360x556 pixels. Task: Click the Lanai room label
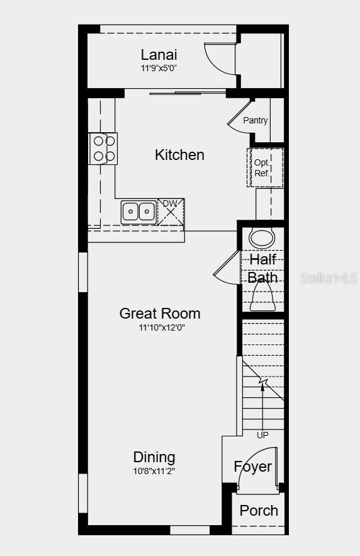point(159,55)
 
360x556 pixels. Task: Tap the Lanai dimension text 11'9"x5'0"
point(159,68)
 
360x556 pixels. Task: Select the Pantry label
point(256,120)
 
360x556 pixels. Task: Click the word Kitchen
point(179,155)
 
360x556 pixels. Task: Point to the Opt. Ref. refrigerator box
point(265,167)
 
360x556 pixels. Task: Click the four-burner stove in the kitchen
point(104,149)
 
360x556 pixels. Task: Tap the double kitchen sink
point(138,212)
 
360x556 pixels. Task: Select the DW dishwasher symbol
point(171,211)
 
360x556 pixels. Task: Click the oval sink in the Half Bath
point(262,239)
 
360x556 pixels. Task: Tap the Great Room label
point(160,314)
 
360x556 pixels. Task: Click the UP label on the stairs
point(262,435)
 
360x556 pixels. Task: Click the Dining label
point(154,457)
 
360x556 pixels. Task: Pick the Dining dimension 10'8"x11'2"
point(154,470)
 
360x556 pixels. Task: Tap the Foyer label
point(253,467)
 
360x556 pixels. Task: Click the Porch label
point(259,511)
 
